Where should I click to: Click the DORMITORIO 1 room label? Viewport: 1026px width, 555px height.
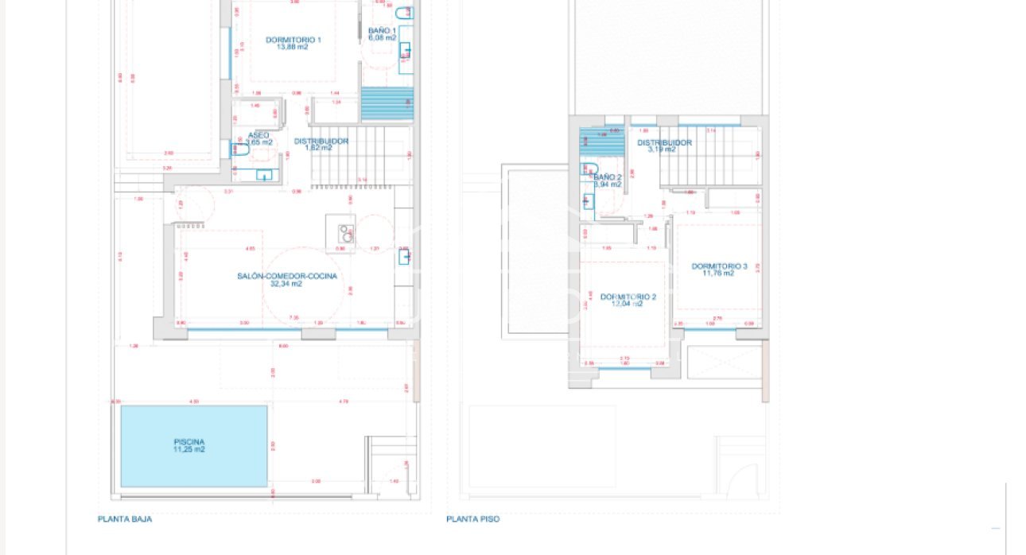point(293,40)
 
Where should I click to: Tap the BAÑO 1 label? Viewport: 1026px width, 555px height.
point(382,30)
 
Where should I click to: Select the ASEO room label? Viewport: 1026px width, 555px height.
point(258,135)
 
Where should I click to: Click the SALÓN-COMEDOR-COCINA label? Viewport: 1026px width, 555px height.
point(286,276)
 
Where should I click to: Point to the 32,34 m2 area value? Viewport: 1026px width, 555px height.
point(286,284)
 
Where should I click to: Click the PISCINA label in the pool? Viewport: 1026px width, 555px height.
point(189,441)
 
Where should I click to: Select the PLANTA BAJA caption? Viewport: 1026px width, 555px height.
point(125,519)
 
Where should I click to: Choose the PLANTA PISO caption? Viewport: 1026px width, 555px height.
point(473,519)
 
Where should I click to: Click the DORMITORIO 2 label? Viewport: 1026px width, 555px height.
point(628,296)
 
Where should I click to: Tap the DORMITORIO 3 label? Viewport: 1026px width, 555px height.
point(719,266)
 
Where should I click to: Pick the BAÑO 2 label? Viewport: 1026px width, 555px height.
point(608,177)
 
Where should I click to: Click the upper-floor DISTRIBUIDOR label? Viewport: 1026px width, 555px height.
point(664,142)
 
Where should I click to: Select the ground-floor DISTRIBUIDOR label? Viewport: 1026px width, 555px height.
point(321,141)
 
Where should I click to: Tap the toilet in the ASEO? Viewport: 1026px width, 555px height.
point(241,149)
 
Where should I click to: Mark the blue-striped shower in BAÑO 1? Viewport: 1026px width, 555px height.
point(387,103)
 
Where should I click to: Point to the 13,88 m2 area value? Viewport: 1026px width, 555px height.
point(293,47)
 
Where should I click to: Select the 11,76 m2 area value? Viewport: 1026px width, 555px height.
point(717,274)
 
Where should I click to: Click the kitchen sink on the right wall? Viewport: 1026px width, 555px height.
point(404,256)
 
